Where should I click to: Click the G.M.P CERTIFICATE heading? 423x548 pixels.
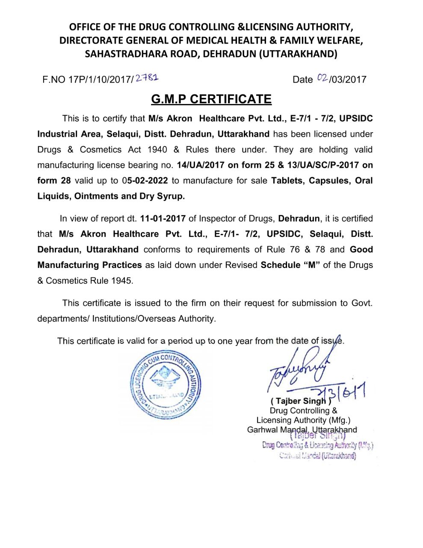[211, 99]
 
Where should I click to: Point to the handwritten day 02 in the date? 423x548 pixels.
[322, 78]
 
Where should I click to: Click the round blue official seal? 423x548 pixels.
[166, 386]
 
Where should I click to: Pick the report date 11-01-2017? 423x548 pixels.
[163, 219]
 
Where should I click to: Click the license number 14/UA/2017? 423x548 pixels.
[201, 165]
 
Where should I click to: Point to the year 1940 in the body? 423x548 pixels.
[157, 150]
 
